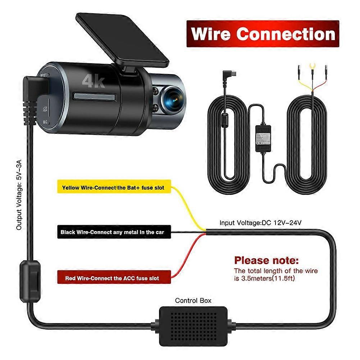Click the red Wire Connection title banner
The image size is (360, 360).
click(x=263, y=34)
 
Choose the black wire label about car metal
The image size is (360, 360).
click(x=112, y=232)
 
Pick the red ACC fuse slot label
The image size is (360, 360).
click(x=112, y=278)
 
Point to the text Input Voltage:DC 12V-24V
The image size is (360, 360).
click(x=260, y=223)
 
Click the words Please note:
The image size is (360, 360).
click(x=266, y=260)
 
